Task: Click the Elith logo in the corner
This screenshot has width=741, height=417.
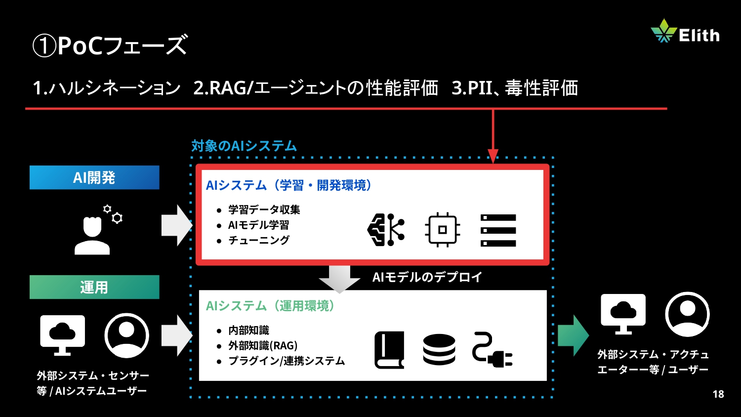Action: click(x=685, y=32)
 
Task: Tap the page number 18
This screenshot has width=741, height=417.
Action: click(x=718, y=394)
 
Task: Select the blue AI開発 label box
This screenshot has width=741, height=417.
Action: click(x=94, y=177)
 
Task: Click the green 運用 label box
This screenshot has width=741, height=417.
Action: click(x=94, y=287)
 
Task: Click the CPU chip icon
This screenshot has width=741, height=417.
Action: click(x=443, y=230)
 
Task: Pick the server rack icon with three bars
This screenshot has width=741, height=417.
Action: click(x=498, y=230)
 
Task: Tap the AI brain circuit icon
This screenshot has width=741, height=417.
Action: click(x=386, y=230)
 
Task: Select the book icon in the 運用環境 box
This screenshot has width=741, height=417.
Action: click(x=389, y=350)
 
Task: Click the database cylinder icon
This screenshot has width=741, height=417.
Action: click(x=439, y=350)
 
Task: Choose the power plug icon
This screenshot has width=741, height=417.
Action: click(x=492, y=350)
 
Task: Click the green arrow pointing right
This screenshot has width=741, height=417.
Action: click(x=573, y=335)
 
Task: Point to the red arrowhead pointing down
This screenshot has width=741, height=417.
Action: click(x=493, y=156)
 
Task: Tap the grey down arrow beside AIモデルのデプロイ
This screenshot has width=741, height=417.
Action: click(x=339, y=279)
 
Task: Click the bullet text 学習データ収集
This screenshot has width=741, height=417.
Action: click(x=264, y=210)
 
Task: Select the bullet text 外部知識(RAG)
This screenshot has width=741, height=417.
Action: click(x=263, y=346)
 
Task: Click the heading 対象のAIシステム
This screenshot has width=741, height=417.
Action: click(x=244, y=146)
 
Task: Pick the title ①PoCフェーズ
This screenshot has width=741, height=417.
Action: click(x=110, y=45)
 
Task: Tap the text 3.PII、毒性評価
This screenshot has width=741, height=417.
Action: click(x=515, y=88)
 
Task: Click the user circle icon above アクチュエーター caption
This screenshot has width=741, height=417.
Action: click(x=687, y=314)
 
